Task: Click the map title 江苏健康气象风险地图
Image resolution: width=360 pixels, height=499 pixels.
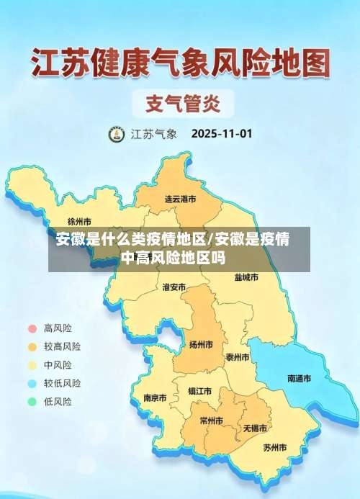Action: click(x=180, y=63)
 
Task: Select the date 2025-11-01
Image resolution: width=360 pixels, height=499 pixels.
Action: click(x=221, y=134)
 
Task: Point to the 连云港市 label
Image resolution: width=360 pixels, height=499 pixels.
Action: click(x=180, y=198)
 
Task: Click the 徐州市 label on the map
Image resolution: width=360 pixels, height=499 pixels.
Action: click(x=79, y=221)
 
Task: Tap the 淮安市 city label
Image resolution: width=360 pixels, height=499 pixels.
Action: click(x=174, y=287)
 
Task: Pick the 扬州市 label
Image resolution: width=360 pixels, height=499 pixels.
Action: click(x=201, y=345)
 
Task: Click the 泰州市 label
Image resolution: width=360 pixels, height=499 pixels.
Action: click(x=237, y=357)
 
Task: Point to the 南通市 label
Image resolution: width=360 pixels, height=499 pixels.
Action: click(x=299, y=378)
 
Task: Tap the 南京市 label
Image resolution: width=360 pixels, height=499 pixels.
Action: click(x=155, y=397)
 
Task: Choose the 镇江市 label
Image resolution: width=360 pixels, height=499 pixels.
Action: click(x=199, y=392)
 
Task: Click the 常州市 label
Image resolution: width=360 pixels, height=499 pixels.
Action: click(x=211, y=421)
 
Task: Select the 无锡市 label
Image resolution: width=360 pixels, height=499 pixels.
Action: click(x=255, y=428)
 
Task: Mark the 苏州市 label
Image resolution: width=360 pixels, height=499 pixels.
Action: click(x=274, y=447)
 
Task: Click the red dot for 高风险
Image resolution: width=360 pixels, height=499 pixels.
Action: click(x=32, y=328)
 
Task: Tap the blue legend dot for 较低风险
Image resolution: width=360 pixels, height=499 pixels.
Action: click(x=32, y=383)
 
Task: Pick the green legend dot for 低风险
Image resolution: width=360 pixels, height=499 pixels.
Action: click(x=32, y=402)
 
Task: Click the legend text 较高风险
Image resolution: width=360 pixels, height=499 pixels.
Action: click(x=62, y=346)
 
